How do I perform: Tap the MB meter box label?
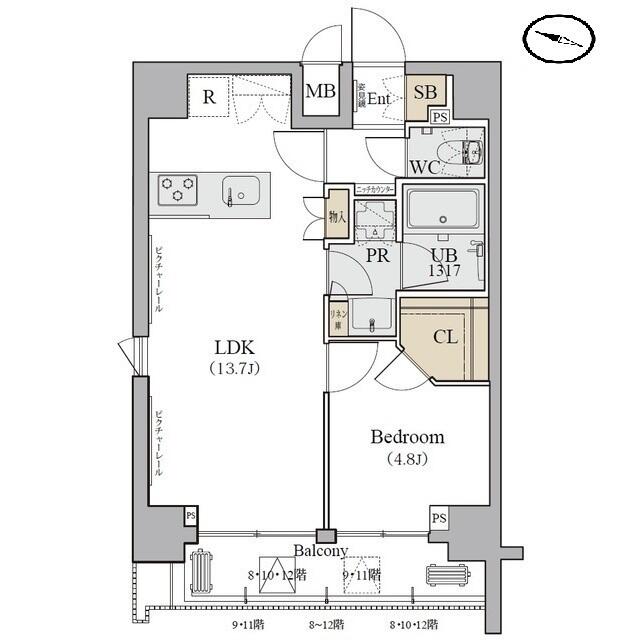(320, 92)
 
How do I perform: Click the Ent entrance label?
(378, 98)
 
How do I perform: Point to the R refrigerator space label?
(209, 97)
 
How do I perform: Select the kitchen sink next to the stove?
(240, 189)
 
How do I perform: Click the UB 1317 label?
(443, 262)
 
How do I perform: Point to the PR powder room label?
(377, 256)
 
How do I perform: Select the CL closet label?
(445, 337)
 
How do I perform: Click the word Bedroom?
(407, 437)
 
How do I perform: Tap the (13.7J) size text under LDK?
(236, 369)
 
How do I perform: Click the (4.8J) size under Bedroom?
(407, 460)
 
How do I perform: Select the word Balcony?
(320, 550)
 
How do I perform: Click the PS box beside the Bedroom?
(438, 517)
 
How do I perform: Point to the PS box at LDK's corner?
(190, 515)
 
